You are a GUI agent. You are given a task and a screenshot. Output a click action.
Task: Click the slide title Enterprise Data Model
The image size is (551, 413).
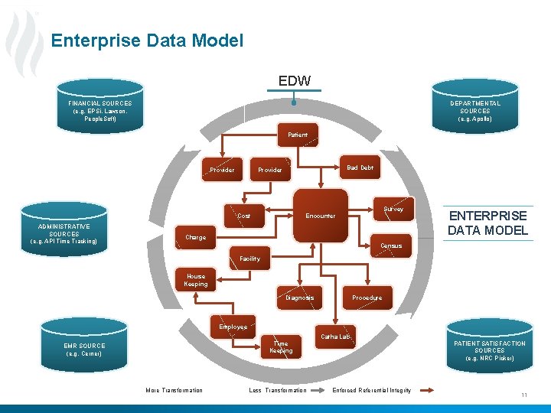click(147, 41)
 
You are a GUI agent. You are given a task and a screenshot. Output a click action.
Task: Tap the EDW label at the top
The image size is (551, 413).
click(294, 80)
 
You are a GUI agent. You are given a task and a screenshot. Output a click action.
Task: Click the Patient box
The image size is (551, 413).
click(298, 135)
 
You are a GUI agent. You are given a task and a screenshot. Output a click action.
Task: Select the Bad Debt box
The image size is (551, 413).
click(360, 167)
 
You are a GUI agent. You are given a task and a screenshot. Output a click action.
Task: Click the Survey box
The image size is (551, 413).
click(393, 209)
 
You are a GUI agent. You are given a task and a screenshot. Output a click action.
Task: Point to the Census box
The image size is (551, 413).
click(391, 246)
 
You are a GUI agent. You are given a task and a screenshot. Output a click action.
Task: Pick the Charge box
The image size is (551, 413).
click(196, 237)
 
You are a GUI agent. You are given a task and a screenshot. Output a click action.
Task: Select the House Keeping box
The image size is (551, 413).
click(196, 280)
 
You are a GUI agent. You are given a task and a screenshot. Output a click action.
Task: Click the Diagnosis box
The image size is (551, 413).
click(299, 298)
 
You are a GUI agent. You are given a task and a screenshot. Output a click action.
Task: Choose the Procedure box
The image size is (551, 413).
click(367, 298)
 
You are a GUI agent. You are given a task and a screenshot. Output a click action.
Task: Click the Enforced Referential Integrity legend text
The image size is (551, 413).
click(371, 391)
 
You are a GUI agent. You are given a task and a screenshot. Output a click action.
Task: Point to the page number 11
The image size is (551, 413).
click(524, 395)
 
